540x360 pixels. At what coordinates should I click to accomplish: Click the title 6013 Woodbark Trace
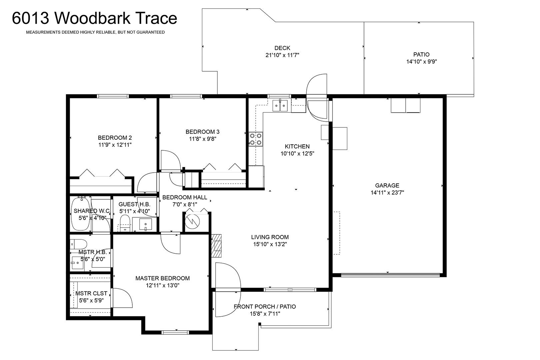point(95,18)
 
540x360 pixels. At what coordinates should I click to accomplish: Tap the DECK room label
point(282,48)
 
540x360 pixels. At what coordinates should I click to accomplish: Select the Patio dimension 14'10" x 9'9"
point(422,61)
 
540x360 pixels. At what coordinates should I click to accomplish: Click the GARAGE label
point(387,185)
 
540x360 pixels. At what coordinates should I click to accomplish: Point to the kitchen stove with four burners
point(256,139)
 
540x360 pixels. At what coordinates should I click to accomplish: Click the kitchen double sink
point(280,106)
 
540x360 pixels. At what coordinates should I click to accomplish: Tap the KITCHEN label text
point(297,146)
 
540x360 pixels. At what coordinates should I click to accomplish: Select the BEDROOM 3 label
point(203,132)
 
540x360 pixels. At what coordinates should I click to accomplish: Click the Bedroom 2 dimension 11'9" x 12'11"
point(115,145)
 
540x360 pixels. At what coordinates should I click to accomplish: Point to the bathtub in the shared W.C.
point(81,214)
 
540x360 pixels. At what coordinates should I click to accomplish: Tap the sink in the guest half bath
point(146,224)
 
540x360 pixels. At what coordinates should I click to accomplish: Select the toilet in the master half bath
point(79,244)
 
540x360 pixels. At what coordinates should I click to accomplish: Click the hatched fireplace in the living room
point(216,246)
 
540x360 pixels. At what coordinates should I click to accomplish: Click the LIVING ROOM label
point(270,237)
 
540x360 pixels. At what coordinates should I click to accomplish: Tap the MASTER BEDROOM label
point(162,278)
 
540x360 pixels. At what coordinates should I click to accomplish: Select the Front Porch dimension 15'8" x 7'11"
point(265,314)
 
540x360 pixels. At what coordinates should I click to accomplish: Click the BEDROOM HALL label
point(185,197)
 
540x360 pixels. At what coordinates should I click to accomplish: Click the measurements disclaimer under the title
point(95,32)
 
